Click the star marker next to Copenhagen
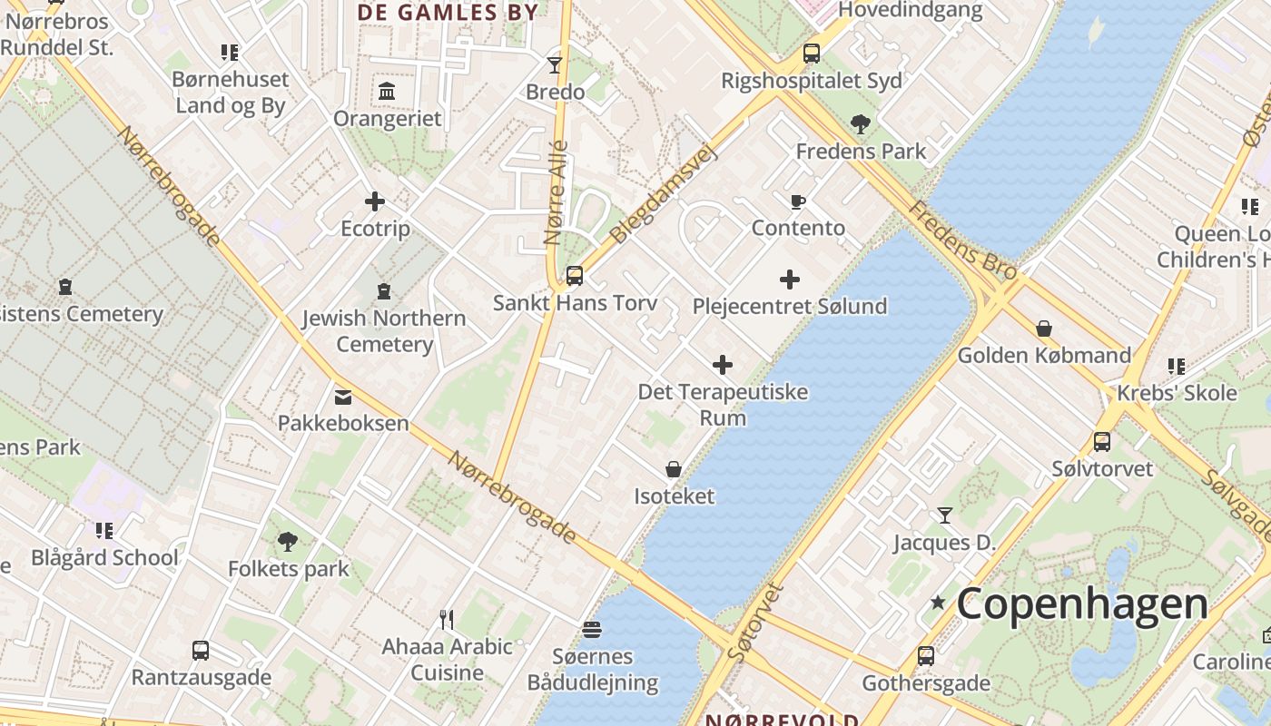coord(938,603)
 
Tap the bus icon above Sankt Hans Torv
coord(574,276)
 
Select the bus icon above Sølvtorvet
coord(1102,442)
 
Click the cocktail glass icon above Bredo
coord(555,64)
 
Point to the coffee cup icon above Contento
coord(798,201)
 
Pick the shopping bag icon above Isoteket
coord(674,469)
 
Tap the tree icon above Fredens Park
coord(860,123)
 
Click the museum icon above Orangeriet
coord(387,91)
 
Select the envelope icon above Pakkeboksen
coord(343,397)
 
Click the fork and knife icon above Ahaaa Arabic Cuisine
coord(447,620)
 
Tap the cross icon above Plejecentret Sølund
coord(790,280)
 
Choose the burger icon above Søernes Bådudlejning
coord(592,629)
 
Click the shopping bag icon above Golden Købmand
coord(1044,329)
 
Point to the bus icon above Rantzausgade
coord(201,651)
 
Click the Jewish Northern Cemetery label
coord(384,331)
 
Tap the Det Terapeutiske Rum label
coord(723,405)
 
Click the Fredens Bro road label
coord(951,237)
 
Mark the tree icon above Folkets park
coord(288,542)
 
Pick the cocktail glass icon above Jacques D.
coord(945,515)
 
